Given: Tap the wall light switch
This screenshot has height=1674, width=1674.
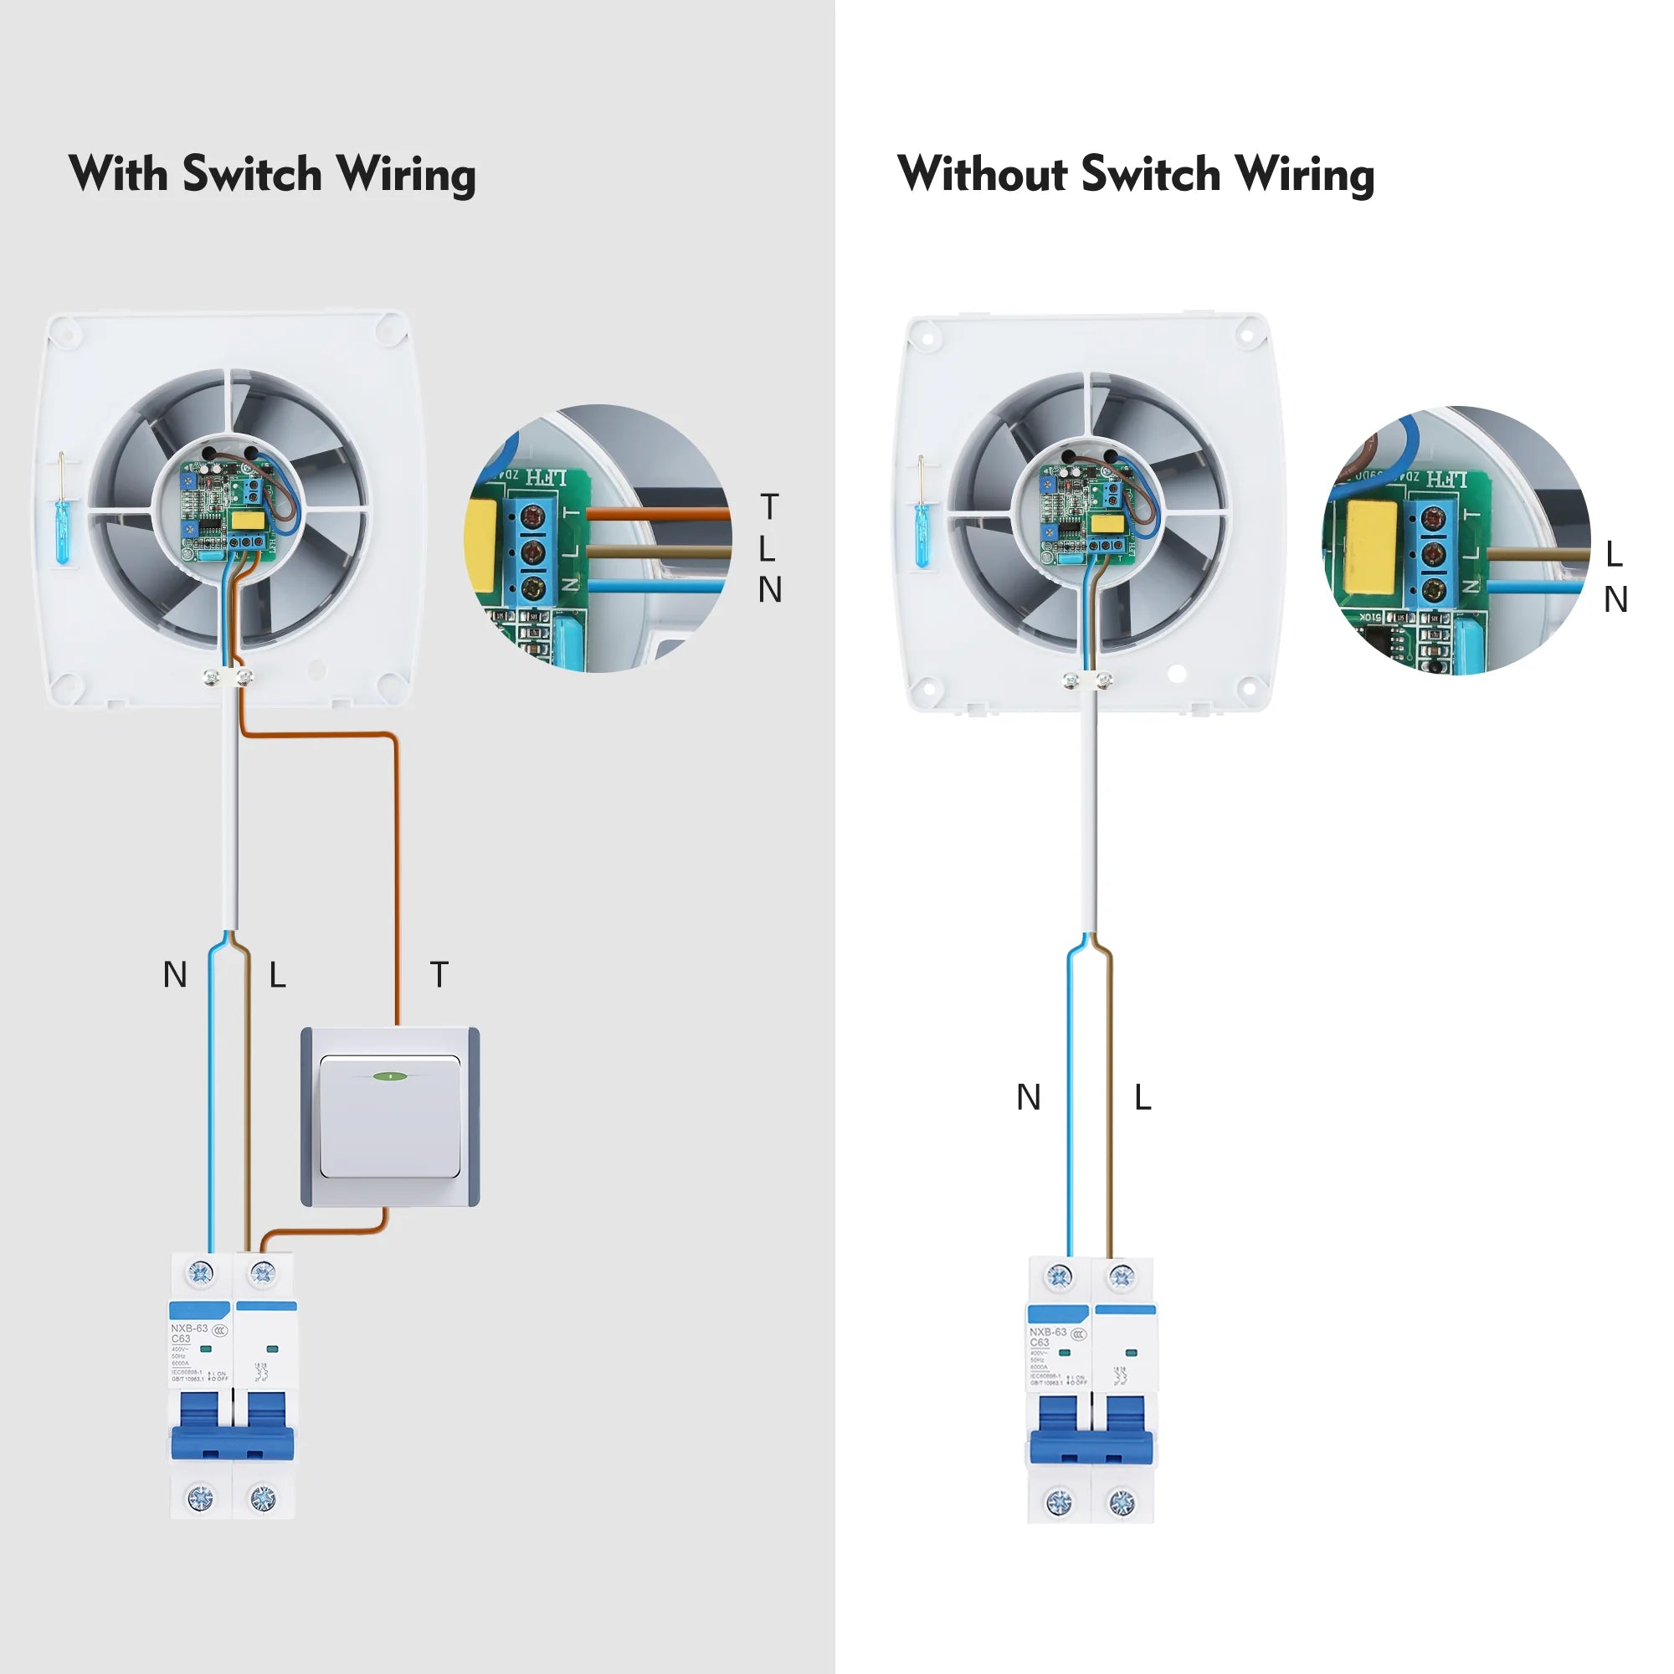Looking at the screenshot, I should click(x=390, y=1116).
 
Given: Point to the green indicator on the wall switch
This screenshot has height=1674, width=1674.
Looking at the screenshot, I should click(x=390, y=1076).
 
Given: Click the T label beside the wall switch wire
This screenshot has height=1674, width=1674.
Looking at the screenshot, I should click(x=439, y=975).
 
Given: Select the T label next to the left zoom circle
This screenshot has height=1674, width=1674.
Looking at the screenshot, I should click(x=769, y=507).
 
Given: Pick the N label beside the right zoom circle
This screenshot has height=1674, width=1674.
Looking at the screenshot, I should click(x=1616, y=599).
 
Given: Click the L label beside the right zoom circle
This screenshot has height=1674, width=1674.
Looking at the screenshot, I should click(x=1615, y=553).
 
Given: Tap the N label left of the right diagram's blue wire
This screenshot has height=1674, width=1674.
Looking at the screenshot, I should click(x=1029, y=1097).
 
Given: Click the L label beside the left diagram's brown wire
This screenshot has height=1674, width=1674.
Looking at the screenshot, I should click(x=277, y=975).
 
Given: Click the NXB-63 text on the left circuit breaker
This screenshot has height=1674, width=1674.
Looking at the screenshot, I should click(x=188, y=1328).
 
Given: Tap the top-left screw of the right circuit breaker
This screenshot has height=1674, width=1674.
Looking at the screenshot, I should click(x=1059, y=1276).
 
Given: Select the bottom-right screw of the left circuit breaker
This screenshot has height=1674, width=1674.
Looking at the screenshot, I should click(x=263, y=1497).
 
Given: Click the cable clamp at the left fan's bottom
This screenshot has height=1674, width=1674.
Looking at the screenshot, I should click(x=228, y=676).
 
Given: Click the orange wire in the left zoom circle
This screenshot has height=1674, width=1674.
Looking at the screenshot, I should click(x=659, y=514).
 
